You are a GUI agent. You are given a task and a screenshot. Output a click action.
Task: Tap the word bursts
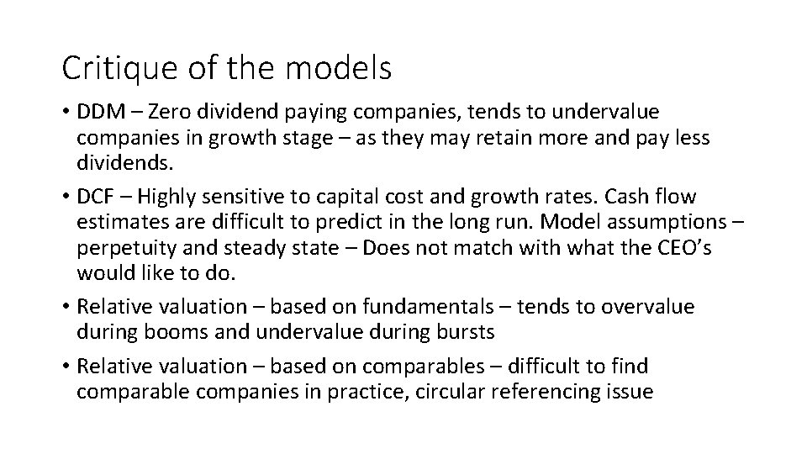[x=463, y=331]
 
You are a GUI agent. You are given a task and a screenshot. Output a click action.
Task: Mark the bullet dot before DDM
[x=65, y=112]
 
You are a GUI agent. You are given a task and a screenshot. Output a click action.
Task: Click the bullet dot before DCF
[x=65, y=198]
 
